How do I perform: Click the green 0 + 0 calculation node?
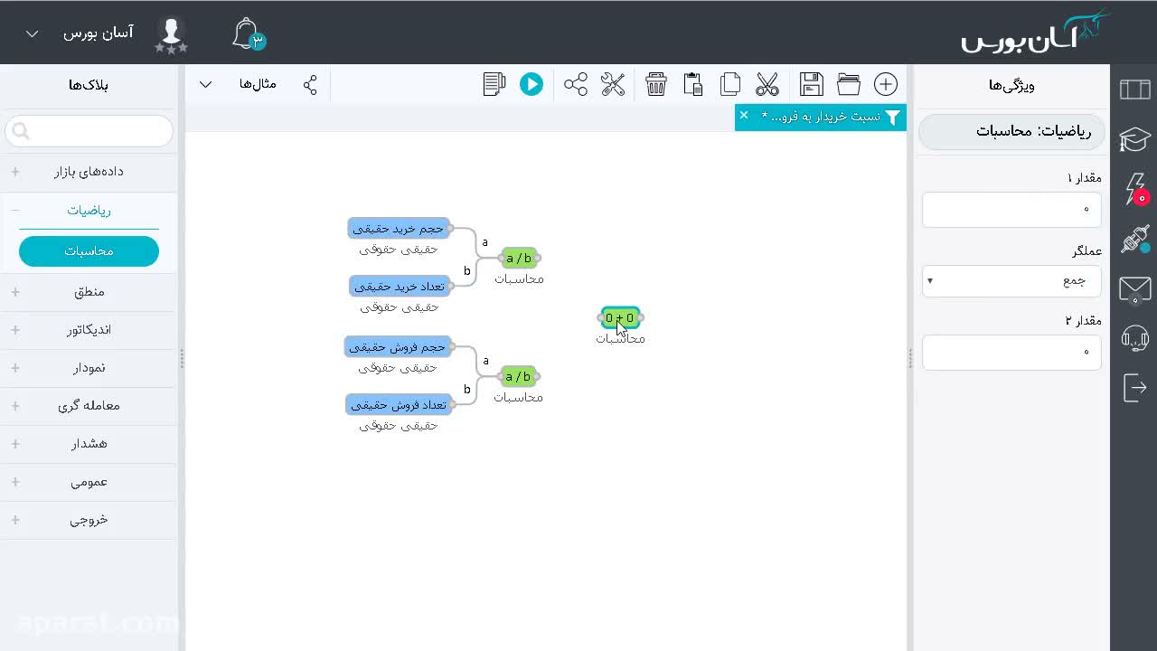pos(620,317)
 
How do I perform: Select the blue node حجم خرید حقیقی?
pos(399,229)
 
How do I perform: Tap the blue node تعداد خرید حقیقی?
pos(400,287)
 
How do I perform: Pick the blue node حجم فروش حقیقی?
pos(397,347)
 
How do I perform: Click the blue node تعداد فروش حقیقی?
pos(399,405)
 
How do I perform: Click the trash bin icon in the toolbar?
pos(655,84)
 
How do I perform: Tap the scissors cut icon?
pos(767,84)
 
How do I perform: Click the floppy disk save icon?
pos(811,84)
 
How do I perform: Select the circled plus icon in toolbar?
pos(885,84)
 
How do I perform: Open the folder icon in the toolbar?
pos(848,84)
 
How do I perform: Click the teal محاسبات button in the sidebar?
pos(89,251)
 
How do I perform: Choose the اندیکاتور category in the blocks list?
pos(89,330)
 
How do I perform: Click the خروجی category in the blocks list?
pos(89,520)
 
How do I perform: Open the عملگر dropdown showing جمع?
pos(1011,281)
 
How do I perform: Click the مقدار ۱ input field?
pos(1011,209)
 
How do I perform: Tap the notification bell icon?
pos(248,34)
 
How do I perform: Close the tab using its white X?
pos(744,115)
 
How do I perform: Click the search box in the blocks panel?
pos(89,131)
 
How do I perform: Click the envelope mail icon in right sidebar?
pos(1134,288)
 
